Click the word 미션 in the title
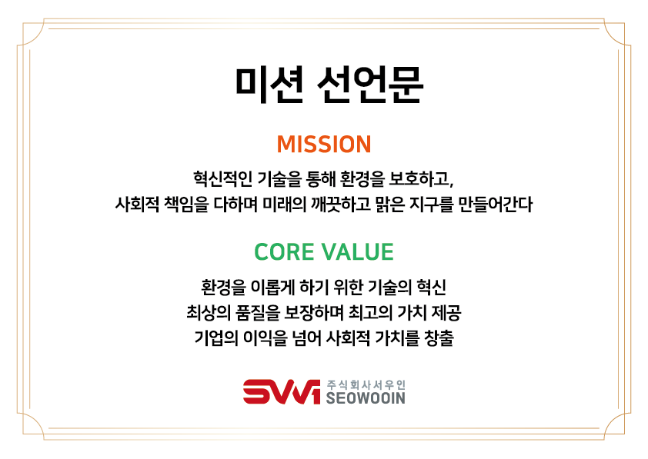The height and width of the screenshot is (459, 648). (269, 85)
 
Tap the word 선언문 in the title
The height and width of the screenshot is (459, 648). (370, 85)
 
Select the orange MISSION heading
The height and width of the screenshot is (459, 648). (324, 145)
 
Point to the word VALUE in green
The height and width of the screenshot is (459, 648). (358, 251)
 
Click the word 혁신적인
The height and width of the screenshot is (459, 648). (222, 178)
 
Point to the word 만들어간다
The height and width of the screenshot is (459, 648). (496, 205)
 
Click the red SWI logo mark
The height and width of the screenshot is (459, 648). (282, 391)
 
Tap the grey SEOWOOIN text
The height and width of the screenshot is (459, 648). (366, 398)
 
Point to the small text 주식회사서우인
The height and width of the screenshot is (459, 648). (366, 384)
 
